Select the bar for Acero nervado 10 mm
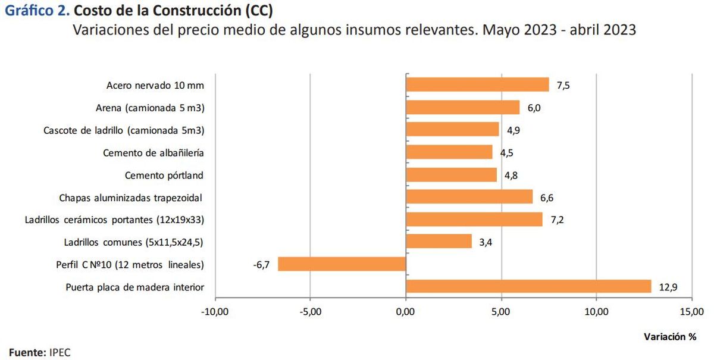click(x=477, y=84)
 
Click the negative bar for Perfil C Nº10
click(x=342, y=264)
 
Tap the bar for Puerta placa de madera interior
click(x=528, y=287)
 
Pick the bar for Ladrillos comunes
click(x=439, y=242)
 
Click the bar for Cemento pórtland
click(x=451, y=175)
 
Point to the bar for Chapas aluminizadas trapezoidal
click(x=469, y=197)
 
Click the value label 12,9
click(x=668, y=287)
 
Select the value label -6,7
click(x=261, y=265)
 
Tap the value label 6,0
click(x=533, y=108)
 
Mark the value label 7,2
click(x=557, y=220)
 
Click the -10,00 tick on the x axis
click(x=214, y=311)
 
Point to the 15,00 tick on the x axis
click(x=691, y=311)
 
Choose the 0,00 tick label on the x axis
click(x=405, y=311)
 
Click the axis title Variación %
click(x=669, y=337)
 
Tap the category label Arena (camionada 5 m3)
click(x=149, y=108)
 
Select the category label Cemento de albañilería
click(x=153, y=153)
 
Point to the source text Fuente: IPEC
click(x=39, y=352)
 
